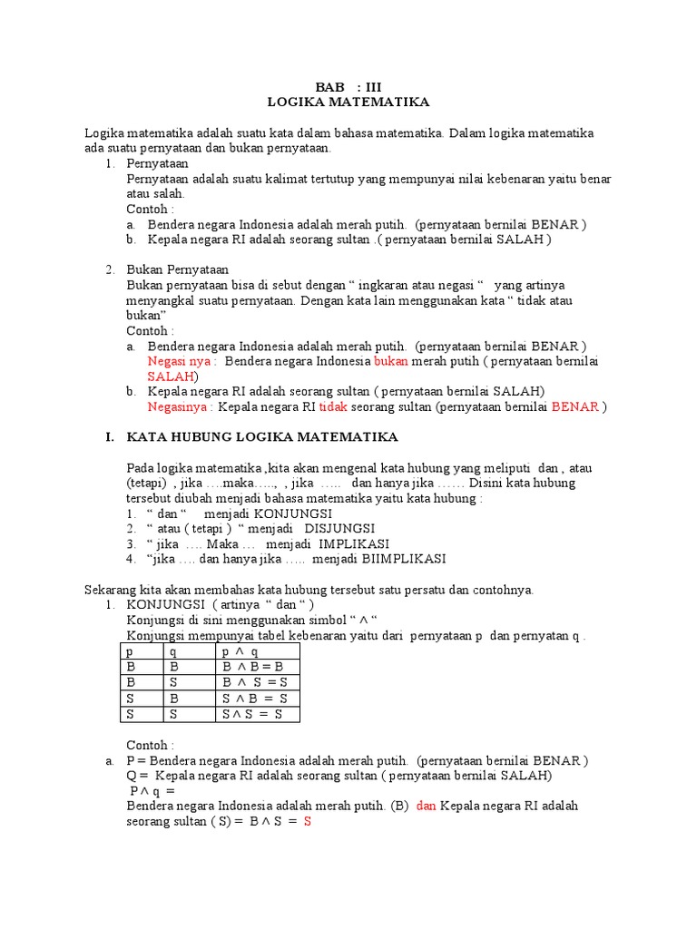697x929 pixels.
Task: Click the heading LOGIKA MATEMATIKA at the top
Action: [x=349, y=103]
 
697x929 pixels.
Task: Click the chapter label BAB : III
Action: [x=349, y=87]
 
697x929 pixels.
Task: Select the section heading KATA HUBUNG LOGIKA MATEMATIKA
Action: [x=261, y=437]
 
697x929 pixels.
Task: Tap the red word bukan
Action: [x=391, y=361]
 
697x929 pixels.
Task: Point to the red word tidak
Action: [x=333, y=406]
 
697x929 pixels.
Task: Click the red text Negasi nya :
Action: [x=182, y=361]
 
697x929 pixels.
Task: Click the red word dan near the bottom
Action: [x=427, y=806]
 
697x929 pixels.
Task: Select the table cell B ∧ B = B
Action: [x=252, y=667]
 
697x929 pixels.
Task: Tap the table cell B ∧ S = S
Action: [x=254, y=682]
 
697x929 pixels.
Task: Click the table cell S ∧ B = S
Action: [x=254, y=698]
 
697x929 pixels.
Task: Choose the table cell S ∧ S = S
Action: [x=252, y=714]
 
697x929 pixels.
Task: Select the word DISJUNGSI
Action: [x=339, y=528]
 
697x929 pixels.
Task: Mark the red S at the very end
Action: [x=308, y=822]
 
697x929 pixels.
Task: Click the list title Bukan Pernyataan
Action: [x=178, y=269]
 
